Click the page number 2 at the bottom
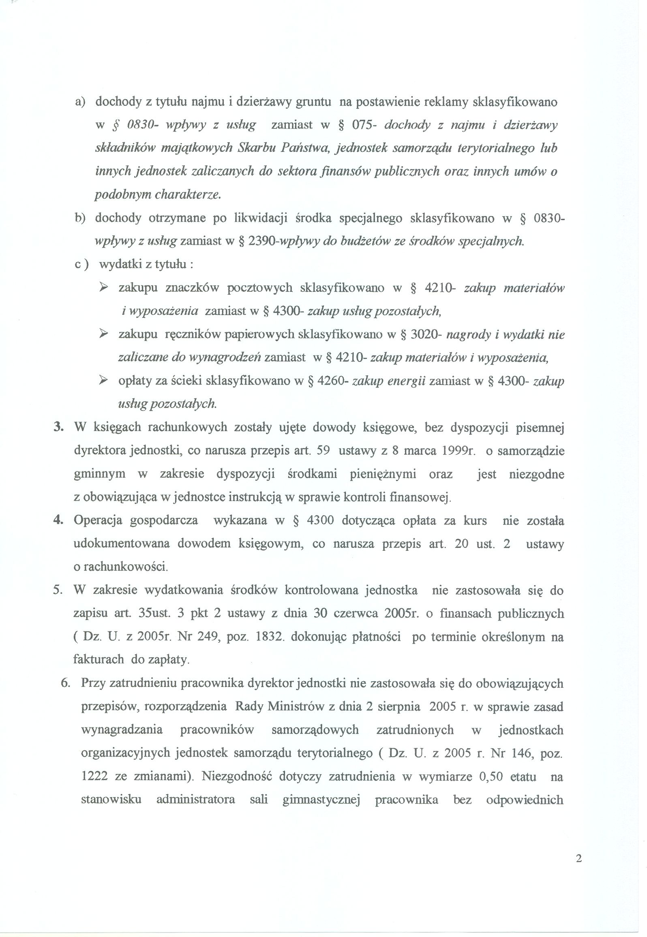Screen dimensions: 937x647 [578, 870]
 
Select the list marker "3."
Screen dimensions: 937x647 [58, 428]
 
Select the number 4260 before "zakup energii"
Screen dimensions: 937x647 [333, 382]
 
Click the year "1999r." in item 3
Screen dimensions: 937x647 [459, 451]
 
